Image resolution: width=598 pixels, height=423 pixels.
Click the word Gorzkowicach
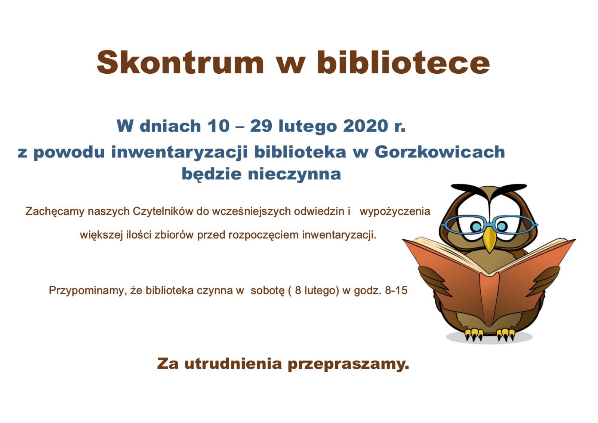(x=440, y=152)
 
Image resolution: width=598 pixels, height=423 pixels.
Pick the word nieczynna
(x=294, y=174)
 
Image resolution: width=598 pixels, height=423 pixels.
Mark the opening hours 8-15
(x=396, y=291)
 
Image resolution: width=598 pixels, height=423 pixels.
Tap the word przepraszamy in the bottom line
(x=348, y=365)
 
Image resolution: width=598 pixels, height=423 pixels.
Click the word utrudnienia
(x=233, y=364)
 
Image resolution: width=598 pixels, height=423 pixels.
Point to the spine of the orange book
(x=489, y=299)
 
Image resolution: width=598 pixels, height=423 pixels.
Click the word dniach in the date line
(x=170, y=126)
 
